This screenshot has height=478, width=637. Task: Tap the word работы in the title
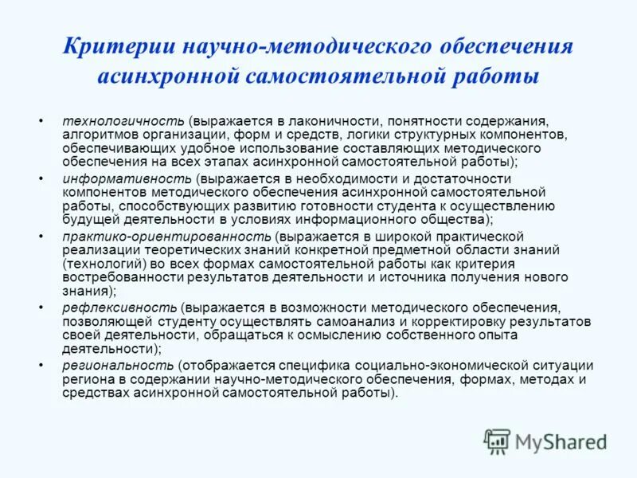click(499, 77)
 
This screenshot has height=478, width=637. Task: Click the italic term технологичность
click(123, 122)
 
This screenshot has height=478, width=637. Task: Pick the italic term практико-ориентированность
click(167, 237)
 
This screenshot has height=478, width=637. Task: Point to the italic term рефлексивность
click(119, 308)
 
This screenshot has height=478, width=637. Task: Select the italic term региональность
click(117, 366)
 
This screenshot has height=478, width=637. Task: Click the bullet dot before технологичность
click(41, 122)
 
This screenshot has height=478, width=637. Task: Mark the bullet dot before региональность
click(41, 366)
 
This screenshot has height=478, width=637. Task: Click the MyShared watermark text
click(561, 441)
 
